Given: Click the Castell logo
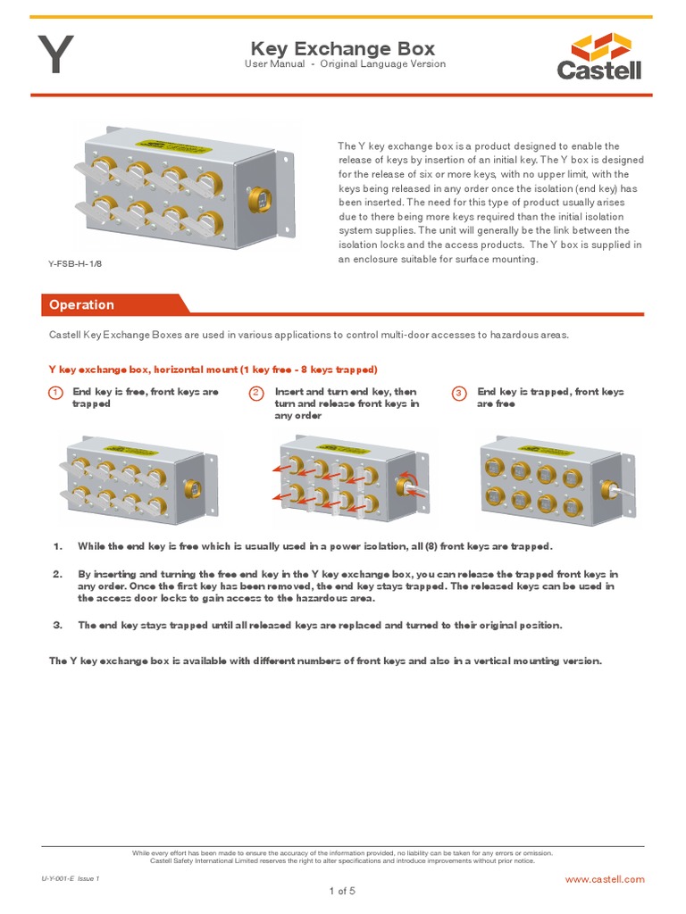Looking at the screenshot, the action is (599, 56).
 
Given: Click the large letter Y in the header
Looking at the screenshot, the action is (56, 54).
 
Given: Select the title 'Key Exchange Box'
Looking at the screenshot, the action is (343, 48).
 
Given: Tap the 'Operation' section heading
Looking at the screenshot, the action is (81, 305).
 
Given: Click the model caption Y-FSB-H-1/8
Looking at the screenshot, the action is (75, 263).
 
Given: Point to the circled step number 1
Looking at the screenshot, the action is (55, 393).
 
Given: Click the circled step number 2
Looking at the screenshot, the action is (256, 393).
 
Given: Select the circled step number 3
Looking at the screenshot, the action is (459, 393).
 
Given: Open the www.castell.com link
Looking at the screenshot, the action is (605, 879).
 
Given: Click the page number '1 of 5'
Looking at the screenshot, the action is (342, 892).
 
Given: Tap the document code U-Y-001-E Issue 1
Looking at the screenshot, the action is (71, 878).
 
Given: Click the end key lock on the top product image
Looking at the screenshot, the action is (259, 200).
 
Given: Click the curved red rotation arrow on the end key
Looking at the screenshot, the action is (411, 480).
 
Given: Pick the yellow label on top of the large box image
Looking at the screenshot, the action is (178, 145).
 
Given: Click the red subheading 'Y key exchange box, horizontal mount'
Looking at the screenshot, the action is (144, 370).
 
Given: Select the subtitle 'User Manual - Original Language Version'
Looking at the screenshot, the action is (345, 64).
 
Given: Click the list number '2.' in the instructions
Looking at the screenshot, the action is (57, 574).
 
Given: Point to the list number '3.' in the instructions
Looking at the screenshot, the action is (57, 626).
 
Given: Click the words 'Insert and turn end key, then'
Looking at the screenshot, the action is (346, 392).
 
